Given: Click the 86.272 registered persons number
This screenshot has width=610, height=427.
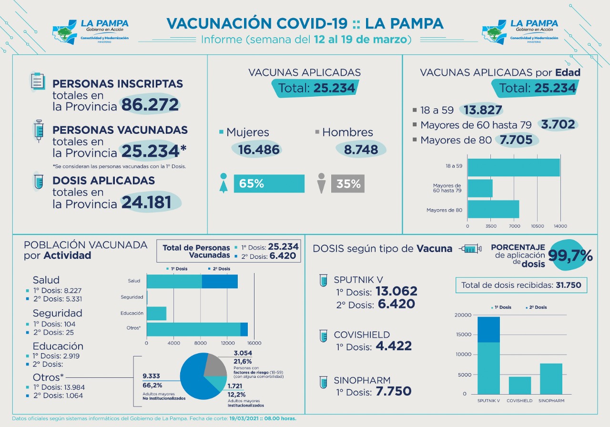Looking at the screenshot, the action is (x=150, y=104).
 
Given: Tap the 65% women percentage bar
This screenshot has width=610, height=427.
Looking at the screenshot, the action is (x=269, y=183).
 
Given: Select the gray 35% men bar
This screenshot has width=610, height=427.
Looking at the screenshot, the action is (x=348, y=183).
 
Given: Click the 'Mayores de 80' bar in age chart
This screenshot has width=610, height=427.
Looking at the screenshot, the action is (x=493, y=209).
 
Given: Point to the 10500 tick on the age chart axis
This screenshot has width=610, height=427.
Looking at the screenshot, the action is (x=537, y=226).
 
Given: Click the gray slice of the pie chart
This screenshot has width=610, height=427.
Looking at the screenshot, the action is (x=216, y=365).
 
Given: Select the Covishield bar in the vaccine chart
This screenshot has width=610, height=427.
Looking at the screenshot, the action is (x=520, y=386).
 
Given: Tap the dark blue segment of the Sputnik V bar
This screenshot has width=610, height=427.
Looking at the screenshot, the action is (x=488, y=329).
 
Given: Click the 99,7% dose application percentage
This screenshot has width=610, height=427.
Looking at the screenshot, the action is (x=570, y=255).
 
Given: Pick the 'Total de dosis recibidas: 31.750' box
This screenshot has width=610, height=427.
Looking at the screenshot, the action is (x=521, y=285).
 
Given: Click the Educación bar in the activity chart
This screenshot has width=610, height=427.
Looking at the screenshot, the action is (x=156, y=314).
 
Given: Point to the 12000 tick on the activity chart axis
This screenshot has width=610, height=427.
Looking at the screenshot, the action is (x=228, y=343).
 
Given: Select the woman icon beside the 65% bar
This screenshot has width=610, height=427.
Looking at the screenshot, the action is (x=224, y=183).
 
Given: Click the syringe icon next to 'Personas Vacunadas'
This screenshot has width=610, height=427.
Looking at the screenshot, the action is (x=39, y=131).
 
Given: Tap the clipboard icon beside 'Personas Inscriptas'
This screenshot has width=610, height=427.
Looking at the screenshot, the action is (x=37, y=81).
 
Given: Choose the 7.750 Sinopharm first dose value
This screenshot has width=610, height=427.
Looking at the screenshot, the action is (x=394, y=391).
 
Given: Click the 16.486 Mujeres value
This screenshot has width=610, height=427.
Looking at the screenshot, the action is (x=259, y=150).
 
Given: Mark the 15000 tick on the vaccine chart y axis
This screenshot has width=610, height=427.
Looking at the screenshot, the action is (x=464, y=335).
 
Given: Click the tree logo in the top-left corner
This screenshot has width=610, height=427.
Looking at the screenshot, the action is (x=65, y=32).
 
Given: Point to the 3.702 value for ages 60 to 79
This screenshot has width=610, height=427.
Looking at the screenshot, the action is (x=558, y=125).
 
